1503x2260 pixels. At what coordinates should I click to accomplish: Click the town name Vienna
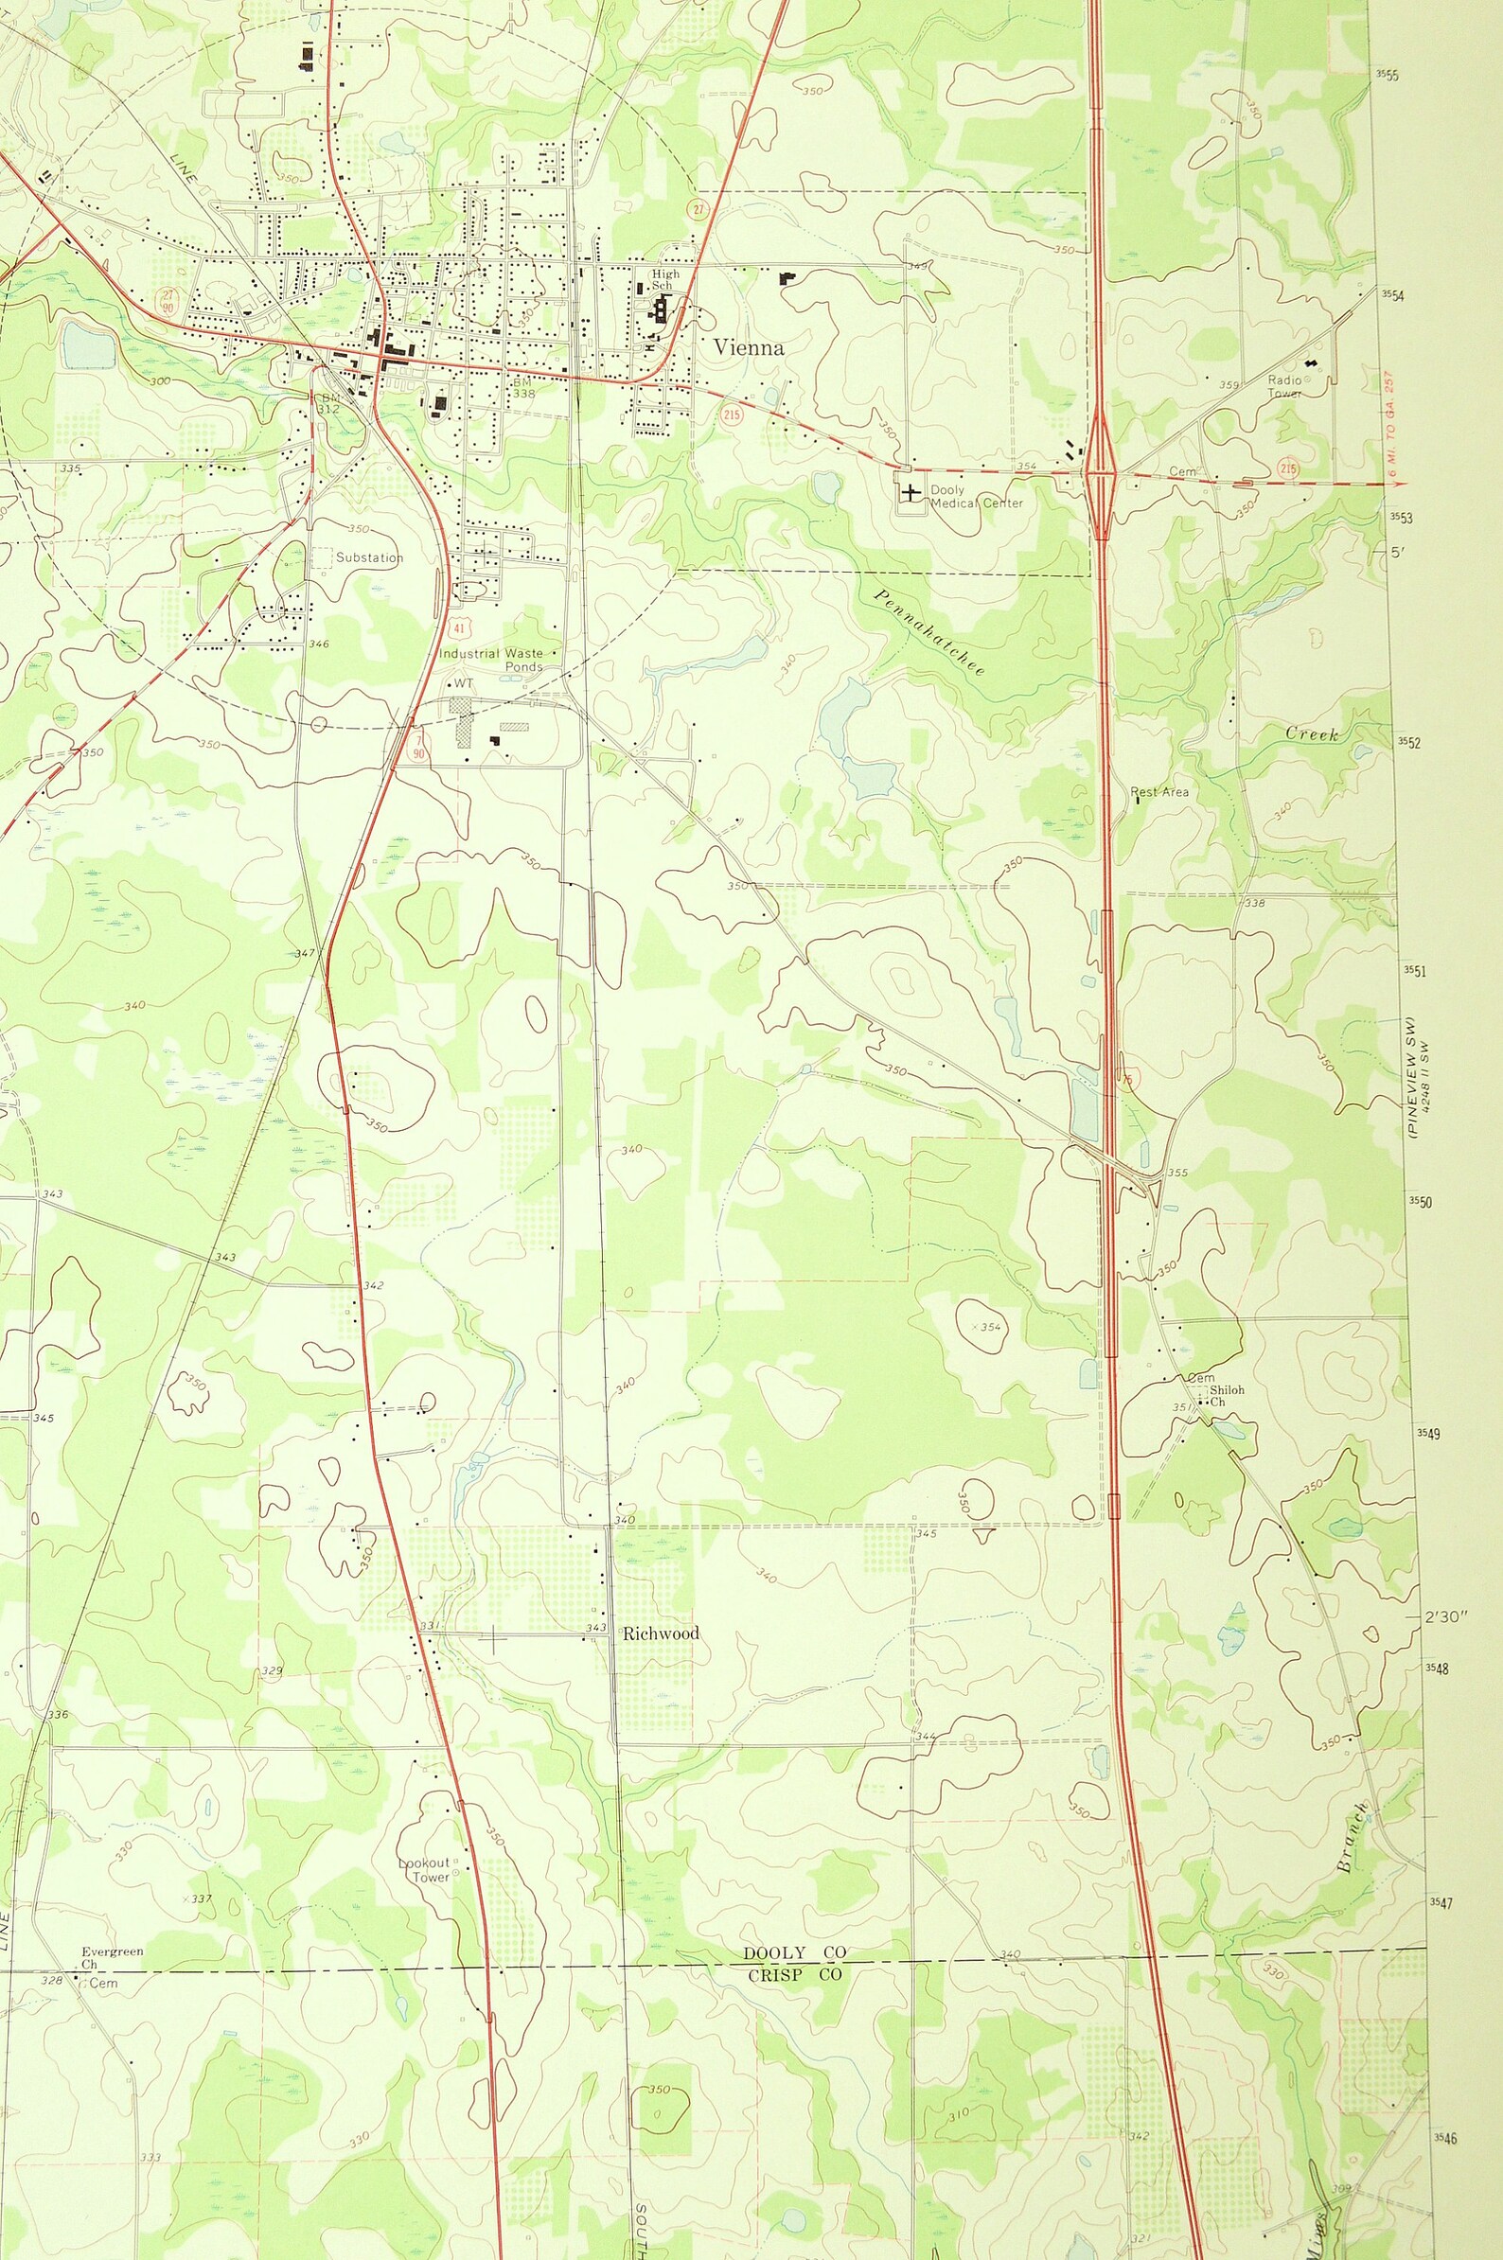(x=749, y=348)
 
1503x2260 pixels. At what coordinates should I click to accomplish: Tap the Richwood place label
(x=661, y=1633)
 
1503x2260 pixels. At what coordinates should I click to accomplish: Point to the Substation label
(x=369, y=557)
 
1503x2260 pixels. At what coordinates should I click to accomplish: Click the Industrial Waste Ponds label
(x=492, y=660)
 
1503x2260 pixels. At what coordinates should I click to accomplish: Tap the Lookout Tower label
(x=424, y=1870)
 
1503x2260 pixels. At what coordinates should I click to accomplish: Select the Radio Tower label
(x=1284, y=386)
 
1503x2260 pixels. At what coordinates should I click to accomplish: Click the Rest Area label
(x=1159, y=792)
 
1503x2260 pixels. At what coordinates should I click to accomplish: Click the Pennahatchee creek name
(x=928, y=631)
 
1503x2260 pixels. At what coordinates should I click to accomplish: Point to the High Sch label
(x=665, y=279)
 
